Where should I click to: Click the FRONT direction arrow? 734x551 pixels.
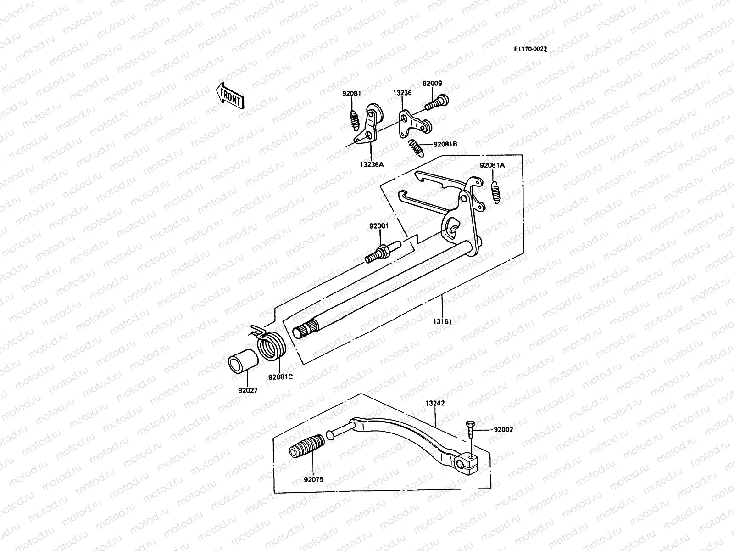pos(230,96)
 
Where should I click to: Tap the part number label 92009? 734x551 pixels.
pos(432,84)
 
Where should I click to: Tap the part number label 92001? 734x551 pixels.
pos(379,225)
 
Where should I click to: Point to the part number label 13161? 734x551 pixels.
pos(442,321)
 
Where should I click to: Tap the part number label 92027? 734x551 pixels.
pos(248,391)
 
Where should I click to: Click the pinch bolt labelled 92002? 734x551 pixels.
pos(470,429)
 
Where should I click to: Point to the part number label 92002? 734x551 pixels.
pos(503,430)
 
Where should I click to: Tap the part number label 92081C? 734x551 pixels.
pos(280,377)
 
